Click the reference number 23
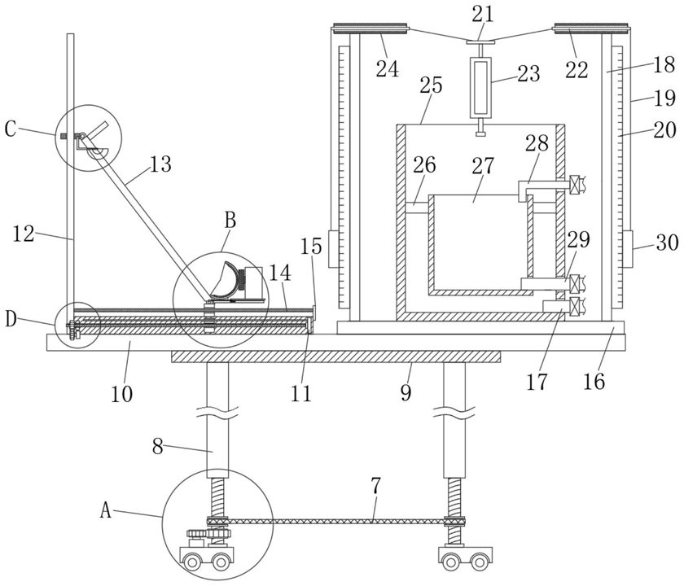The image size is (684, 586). pyautogui.click(x=528, y=73)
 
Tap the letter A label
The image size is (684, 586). pyautogui.click(x=106, y=509)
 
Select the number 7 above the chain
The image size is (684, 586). pyautogui.click(x=376, y=487)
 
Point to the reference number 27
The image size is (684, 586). pyautogui.click(x=483, y=166)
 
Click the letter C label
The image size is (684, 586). pyautogui.click(x=11, y=129)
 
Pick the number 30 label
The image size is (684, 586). pyautogui.click(x=667, y=243)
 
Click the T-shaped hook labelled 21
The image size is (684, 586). pyautogui.click(x=480, y=45)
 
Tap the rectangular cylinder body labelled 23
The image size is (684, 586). pyautogui.click(x=480, y=88)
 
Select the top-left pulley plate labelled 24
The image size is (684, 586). pyautogui.click(x=370, y=28)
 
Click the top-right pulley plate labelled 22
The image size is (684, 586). pyautogui.click(x=591, y=28)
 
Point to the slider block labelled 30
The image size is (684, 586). pyautogui.click(x=627, y=249)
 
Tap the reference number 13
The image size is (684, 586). pyautogui.click(x=160, y=164)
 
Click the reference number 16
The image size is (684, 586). pyautogui.click(x=594, y=382)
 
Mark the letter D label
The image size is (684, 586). pyautogui.click(x=11, y=320)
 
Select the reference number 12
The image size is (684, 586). pyautogui.click(x=24, y=234)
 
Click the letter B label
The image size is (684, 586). pyautogui.click(x=230, y=221)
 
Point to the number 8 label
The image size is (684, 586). pyautogui.click(x=158, y=448)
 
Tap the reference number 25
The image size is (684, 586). pyautogui.click(x=431, y=85)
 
